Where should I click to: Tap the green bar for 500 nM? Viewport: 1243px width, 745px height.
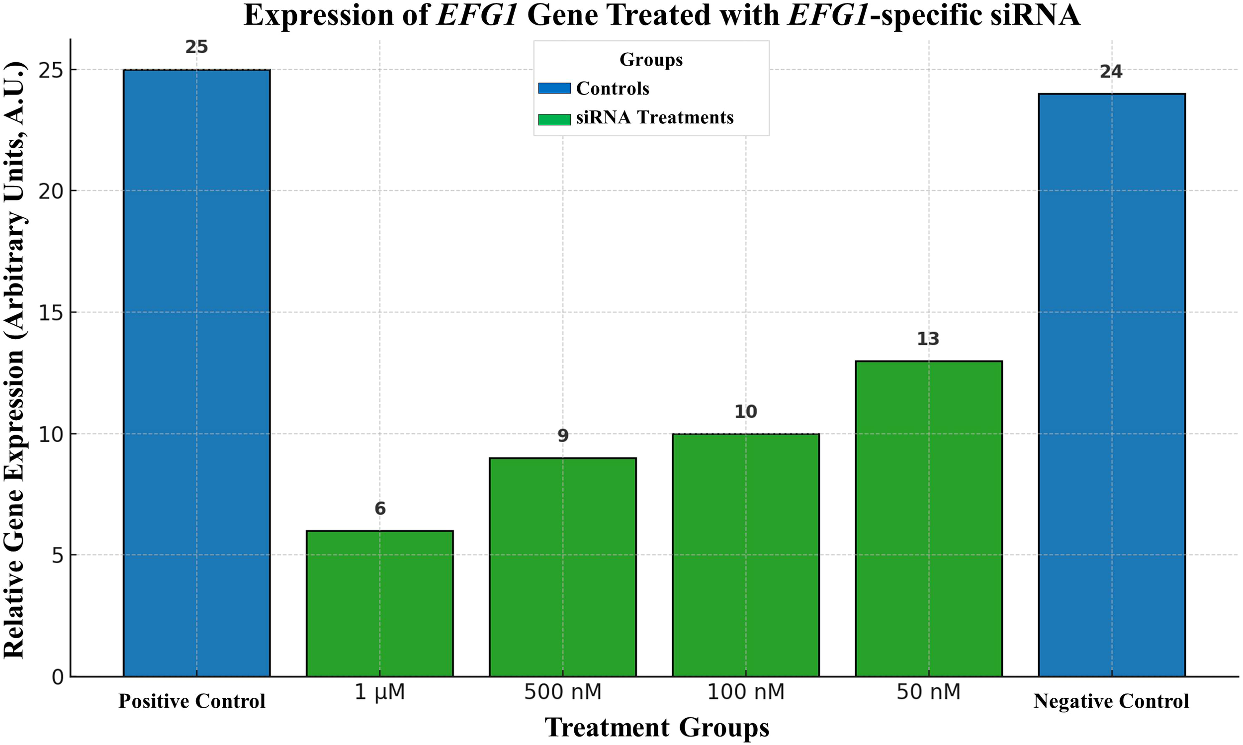click(562, 567)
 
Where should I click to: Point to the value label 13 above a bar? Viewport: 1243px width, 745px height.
click(928, 339)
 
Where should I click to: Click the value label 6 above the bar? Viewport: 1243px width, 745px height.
click(380, 509)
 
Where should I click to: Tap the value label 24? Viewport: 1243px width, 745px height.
click(1111, 72)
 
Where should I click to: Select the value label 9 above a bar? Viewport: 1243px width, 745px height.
click(562, 436)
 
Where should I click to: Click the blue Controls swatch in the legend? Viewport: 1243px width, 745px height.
click(554, 89)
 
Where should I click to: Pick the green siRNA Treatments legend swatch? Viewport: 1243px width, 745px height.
click(554, 119)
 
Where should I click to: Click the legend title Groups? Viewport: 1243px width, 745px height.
click(651, 60)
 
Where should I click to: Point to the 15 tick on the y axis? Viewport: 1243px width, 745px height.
click(52, 313)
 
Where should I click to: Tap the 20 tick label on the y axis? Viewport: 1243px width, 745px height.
click(52, 191)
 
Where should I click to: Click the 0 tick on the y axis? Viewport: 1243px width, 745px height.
click(58, 677)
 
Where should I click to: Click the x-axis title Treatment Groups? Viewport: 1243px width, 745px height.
click(657, 728)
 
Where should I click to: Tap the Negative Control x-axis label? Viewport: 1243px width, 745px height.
click(1111, 701)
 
